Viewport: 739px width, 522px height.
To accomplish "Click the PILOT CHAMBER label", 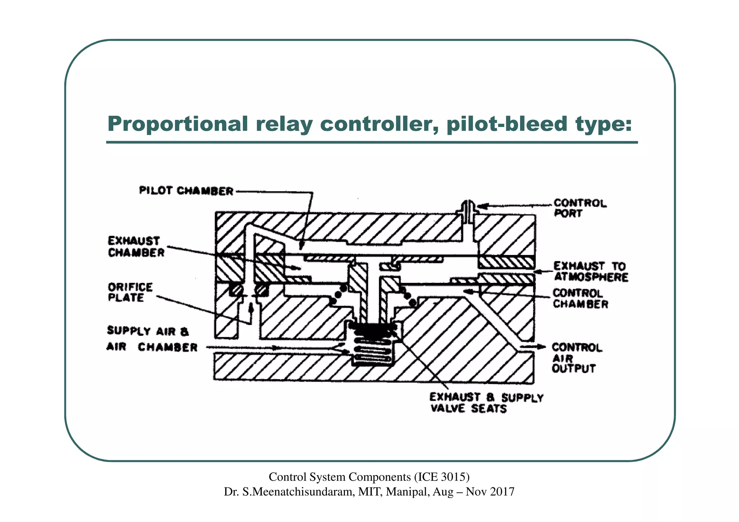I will (186, 190).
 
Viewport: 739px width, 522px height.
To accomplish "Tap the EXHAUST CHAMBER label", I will (136, 247).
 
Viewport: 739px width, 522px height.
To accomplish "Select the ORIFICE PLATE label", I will (130, 292).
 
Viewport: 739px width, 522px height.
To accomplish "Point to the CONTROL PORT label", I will (580, 208).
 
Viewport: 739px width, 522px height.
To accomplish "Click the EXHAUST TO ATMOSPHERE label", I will (591, 272).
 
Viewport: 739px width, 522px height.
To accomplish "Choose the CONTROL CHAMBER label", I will (580, 298).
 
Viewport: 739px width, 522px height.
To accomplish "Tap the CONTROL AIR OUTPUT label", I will (576, 358).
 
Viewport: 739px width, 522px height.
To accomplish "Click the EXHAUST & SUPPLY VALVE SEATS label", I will (486, 403).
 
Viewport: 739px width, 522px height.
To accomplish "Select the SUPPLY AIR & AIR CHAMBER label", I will (152, 339).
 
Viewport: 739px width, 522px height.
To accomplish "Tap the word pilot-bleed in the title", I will (507, 124).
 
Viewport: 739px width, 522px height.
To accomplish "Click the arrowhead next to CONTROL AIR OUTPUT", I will (541, 347).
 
